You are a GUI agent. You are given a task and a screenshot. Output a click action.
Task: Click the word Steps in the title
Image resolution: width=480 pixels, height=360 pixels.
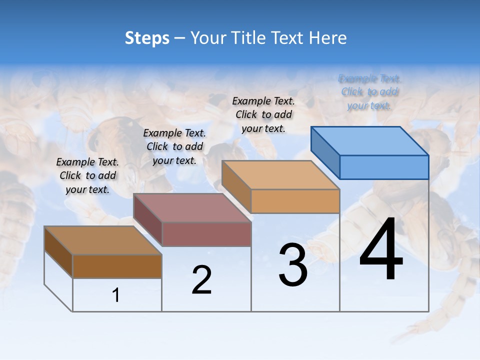coord(147,38)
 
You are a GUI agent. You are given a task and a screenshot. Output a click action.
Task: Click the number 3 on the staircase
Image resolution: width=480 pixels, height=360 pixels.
coord(293,264)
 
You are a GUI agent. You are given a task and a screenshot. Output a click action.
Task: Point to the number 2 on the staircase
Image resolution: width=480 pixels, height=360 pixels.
coord(201,279)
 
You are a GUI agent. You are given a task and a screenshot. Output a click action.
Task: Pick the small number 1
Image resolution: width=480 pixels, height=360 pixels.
coord(116,295)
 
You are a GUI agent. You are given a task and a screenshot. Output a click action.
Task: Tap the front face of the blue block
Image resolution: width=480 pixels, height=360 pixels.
coord(384,167)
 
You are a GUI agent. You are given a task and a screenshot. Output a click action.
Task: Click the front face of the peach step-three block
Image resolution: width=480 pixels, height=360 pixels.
coord(295,201)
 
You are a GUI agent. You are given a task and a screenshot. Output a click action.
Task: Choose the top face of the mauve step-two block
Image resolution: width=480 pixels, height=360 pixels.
coord(192,208)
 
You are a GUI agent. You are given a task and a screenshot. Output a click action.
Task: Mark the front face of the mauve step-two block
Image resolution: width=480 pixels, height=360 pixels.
coord(206,234)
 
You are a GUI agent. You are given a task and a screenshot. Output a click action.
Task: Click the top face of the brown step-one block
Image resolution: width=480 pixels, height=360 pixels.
coord(103,240)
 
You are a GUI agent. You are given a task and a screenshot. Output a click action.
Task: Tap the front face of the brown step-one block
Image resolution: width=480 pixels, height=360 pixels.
coord(117,266)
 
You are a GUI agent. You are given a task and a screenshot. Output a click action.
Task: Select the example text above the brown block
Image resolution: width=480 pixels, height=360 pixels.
coord(87,175)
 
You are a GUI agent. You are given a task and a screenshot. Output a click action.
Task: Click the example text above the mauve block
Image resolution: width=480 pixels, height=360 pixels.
coord(174,146)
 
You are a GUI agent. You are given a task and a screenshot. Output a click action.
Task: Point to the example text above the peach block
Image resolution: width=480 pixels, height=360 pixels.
coord(263,114)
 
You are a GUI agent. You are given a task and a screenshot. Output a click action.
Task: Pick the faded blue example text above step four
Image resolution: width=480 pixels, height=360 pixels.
coord(369,92)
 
